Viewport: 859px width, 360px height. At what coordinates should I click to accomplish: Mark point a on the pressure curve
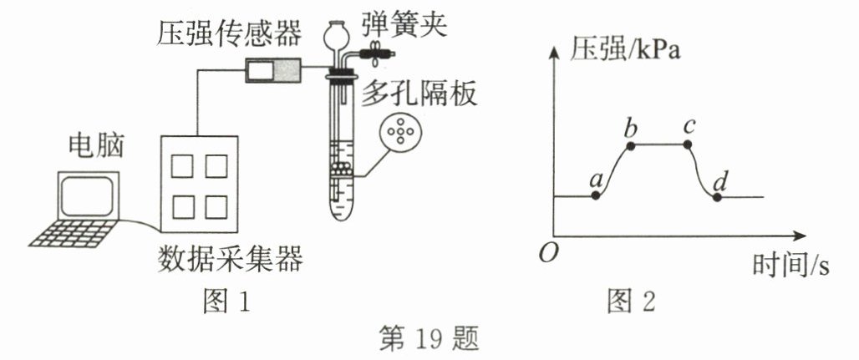click(x=595, y=195)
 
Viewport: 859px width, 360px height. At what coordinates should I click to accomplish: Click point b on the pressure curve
click(x=630, y=145)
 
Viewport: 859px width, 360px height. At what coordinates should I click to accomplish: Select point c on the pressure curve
click(x=688, y=145)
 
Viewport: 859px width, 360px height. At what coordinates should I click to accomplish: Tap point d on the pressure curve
click(x=717, y=196)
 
